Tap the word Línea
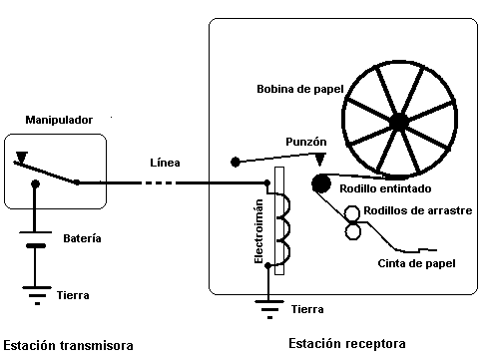(165, 163)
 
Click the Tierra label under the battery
(81, 295)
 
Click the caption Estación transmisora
(68, 345)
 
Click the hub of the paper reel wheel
(398, 122)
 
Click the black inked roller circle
(321, 182)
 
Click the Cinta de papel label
(417, 263)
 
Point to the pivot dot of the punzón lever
(235, 161)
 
